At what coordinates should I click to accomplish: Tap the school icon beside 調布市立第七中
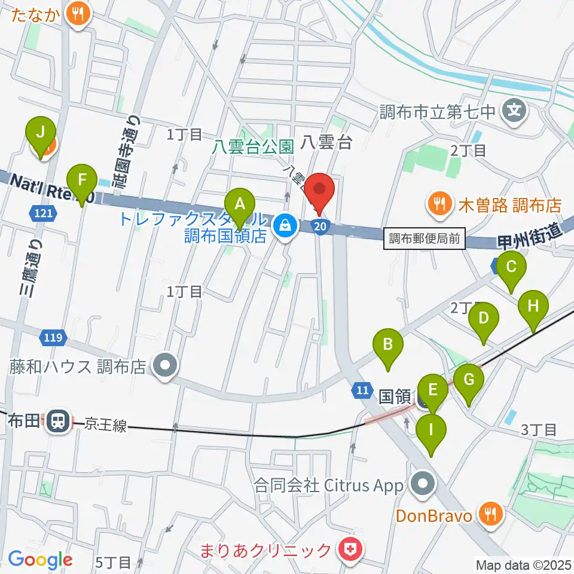coord(514,111)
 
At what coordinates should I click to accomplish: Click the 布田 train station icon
coord(57,421)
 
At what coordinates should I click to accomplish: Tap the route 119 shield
coord(52,338)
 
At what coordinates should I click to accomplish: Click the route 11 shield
coord(361,389)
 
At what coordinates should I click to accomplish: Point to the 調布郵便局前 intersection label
coord(424,240)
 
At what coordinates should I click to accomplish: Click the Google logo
coord(40,560)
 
